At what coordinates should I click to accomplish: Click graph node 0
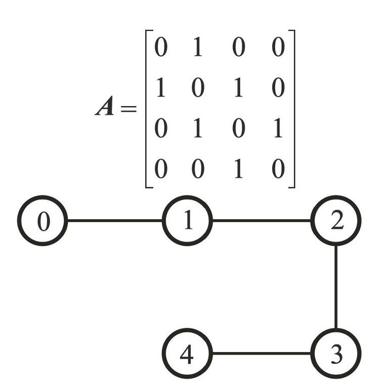[x=42, y=221]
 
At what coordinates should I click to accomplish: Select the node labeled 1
[x=187, y=221]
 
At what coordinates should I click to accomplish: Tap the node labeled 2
[x=336, y=221]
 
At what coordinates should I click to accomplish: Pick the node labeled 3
[x=336, y=353]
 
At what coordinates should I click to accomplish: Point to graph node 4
[x=187, y=353]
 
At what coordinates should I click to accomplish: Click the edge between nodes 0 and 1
[x=115, y=221]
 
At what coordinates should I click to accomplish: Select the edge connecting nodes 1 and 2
[x=262, y=221]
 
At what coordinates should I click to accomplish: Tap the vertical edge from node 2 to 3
[x=336, y=287]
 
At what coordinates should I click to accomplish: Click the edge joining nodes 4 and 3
[x=262, y=353]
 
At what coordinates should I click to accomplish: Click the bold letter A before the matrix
[x=105, y=106]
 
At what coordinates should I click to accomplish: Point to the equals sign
[x=129, y=109]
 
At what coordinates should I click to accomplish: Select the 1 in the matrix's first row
[x=198, y=47]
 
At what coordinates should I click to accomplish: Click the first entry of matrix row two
[x=160, y=87]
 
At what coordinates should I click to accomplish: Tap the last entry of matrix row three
[x=278, y=128]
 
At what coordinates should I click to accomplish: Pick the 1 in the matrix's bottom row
[x=238, y=169]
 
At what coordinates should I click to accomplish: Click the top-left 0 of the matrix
[x=160, y=47]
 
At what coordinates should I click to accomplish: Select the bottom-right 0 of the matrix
[x=278, y=169]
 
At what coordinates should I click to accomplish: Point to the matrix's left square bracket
[x=146, y=109]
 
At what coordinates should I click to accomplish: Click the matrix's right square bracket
[x=294, y=109]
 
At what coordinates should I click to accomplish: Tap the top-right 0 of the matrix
[x=278, y=47]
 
